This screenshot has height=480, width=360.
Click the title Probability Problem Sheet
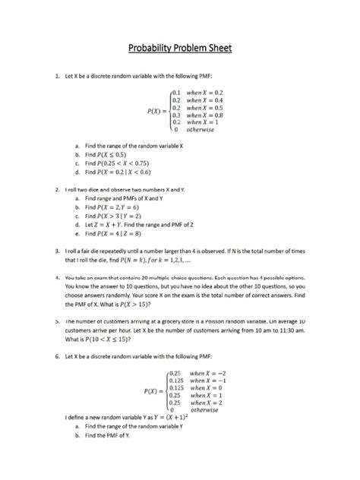(180, 49)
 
